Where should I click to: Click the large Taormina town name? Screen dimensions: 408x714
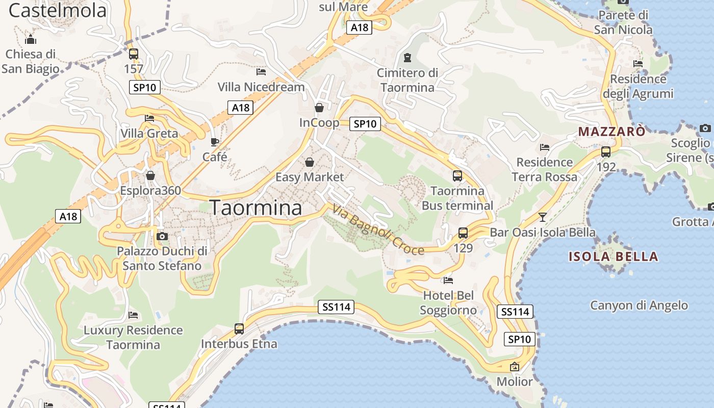point(256,208)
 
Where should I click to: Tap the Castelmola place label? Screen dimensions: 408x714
point(58,10)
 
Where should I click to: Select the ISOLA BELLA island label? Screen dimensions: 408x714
point(613,257)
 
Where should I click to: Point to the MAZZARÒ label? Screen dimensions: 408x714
point(611,132)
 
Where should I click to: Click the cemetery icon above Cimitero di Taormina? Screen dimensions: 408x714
point(407,58)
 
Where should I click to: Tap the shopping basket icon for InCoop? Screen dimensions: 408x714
point(319,108)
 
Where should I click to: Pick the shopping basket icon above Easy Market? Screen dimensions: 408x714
point(309,162)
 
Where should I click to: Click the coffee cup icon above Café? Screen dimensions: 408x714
point(215,142)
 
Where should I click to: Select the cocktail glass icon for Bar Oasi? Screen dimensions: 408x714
point(542,217)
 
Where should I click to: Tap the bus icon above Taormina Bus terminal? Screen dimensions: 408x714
point(457,176)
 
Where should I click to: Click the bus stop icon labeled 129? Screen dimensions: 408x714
point(463,233)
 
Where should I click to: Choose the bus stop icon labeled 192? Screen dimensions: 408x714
point(606,152)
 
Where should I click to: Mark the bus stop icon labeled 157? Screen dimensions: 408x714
point(134,54)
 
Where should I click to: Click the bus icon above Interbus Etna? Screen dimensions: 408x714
point(239,329)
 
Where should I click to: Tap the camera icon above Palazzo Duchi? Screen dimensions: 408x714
point(162,236)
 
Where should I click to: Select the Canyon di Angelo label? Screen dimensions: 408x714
point(639,305)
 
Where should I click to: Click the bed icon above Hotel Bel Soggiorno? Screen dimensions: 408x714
point(448,280)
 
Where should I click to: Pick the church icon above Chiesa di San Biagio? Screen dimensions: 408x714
point(31,39)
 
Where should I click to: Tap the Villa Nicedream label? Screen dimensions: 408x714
point(261,87)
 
